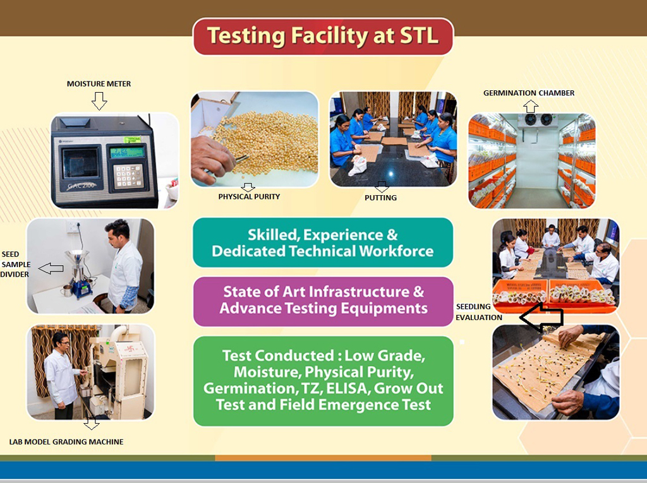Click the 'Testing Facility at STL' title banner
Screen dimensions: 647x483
323,36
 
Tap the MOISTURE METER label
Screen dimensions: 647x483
99,84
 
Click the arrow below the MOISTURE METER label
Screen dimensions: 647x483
99,100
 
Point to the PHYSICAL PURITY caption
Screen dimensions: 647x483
249,197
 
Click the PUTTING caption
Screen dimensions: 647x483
380,198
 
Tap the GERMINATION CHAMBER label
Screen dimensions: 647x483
529,93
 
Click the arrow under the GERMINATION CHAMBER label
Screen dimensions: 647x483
531,107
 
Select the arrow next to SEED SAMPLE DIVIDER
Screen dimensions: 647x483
51,268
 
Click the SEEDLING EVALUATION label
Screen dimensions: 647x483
479,312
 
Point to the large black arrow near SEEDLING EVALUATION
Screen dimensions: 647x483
541,317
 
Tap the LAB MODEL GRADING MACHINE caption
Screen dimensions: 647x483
66,442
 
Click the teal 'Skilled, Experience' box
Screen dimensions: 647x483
323,242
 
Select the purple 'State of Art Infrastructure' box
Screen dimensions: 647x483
323,302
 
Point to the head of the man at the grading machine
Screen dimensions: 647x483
60,339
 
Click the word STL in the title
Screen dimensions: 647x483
419,35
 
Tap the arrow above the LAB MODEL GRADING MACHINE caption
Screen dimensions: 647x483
91,423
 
